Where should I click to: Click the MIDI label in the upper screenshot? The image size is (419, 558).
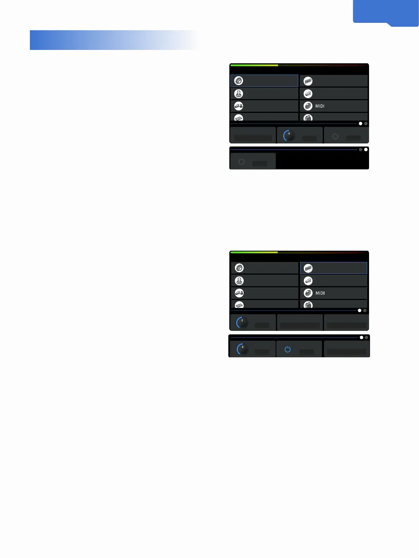(x=320, y=106)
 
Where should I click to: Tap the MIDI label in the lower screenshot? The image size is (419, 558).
(x=320, y=293)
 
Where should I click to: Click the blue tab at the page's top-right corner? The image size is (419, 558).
(x=386, y=12)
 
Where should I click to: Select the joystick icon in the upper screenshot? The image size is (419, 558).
(x=239, y=94)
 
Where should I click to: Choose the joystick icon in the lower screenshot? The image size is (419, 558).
(x=239, y=281)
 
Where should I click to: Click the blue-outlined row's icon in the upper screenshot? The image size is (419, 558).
(x=239, y=81)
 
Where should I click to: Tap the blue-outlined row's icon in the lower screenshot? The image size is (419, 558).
(x=308, y=268)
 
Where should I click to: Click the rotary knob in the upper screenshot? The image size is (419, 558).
(x=289, y=136)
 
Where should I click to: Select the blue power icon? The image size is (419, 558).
(x=287, y=349)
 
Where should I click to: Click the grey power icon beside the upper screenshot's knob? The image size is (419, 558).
(x=335, y=136)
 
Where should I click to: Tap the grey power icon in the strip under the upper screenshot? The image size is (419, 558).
(x=241, y=162)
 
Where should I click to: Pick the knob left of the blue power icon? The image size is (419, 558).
(x=242, y=349)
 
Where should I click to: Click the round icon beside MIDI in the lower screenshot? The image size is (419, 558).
(x=308, y=293)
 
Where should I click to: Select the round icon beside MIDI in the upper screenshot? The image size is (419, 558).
(x=308, y=106)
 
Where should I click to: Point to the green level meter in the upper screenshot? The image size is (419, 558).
(x=254, y=65)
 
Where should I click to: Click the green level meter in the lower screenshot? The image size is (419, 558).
(x=254, y=252)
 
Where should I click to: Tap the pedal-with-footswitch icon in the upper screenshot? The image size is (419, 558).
(x=239, y=106)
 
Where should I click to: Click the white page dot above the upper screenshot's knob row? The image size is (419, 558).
(x=360, y=124)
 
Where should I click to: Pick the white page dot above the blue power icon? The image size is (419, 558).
(x=361, y=338)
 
